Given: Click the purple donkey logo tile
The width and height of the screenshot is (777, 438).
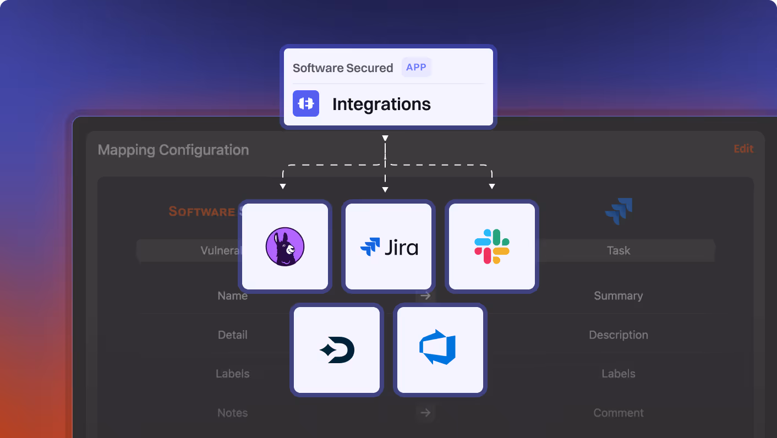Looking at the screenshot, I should point(285,247).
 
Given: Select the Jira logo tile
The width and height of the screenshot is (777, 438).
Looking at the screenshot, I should point(388,247).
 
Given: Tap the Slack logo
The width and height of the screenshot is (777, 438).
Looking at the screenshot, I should point(492,247).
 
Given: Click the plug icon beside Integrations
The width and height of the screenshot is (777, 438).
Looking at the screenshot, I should point(306,103).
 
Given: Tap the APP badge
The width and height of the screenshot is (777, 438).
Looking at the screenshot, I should point(417,67).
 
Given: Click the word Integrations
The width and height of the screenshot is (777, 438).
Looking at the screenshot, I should point(381,104).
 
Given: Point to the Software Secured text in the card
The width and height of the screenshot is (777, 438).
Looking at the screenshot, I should point(343,68).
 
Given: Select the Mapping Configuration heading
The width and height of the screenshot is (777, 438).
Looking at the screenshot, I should point(173,150).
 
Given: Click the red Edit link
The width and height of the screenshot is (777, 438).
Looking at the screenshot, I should point(743,149).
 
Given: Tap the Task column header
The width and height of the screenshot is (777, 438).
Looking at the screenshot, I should point(619,250).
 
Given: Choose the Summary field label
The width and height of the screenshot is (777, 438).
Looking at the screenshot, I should point(619,295).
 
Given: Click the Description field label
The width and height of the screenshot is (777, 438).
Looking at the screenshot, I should point(619,335).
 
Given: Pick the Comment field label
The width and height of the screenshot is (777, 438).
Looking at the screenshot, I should point(619,413).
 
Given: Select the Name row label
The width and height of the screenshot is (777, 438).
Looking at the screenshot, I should point(232,295).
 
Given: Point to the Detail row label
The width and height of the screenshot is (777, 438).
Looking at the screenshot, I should point(232,335).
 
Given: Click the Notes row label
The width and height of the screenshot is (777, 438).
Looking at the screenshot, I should point(232,413).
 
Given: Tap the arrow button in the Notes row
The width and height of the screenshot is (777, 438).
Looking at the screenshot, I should point(425,412).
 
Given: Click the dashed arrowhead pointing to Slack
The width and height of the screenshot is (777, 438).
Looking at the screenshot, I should point(492,187).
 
